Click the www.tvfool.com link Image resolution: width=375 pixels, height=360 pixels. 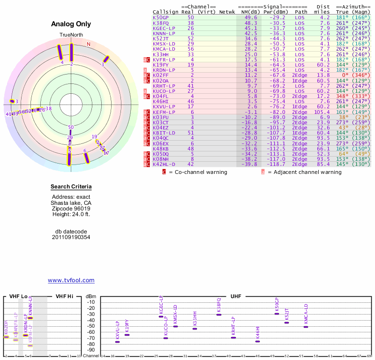[71, 280]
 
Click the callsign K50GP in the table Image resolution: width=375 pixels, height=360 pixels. [161, 18]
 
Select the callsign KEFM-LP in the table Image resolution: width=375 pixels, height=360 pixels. [164, 112]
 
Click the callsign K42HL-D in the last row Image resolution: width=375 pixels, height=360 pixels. [164, 165]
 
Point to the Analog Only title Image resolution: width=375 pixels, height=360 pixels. [71, 24]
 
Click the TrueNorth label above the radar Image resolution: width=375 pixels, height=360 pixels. [71, 35]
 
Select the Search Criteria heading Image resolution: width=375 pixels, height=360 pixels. [71, 187]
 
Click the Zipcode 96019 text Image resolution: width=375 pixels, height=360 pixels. [71, 209]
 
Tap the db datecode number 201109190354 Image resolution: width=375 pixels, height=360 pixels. [71, 237]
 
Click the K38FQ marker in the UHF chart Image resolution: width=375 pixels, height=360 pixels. [219, 314]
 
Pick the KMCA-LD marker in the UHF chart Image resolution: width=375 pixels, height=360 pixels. [306, 326]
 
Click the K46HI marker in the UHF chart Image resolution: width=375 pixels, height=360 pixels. [257, 341]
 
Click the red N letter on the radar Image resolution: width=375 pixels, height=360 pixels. [88, 45]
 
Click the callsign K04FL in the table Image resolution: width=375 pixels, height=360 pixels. [161, 96]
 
